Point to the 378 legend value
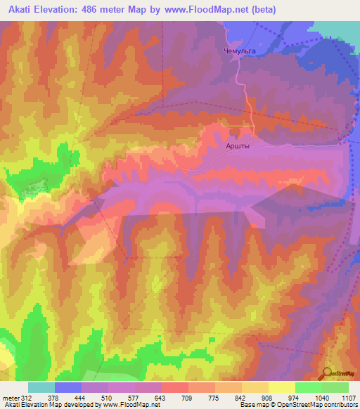click(x=53, y=397)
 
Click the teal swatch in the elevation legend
click(x=41, y=387)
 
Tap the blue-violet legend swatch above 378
click(x=68, y=387)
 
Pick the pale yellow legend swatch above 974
click(x=282, y=387)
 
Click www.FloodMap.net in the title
click(x=212, y=10)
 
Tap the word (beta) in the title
click(x=263, y=10)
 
